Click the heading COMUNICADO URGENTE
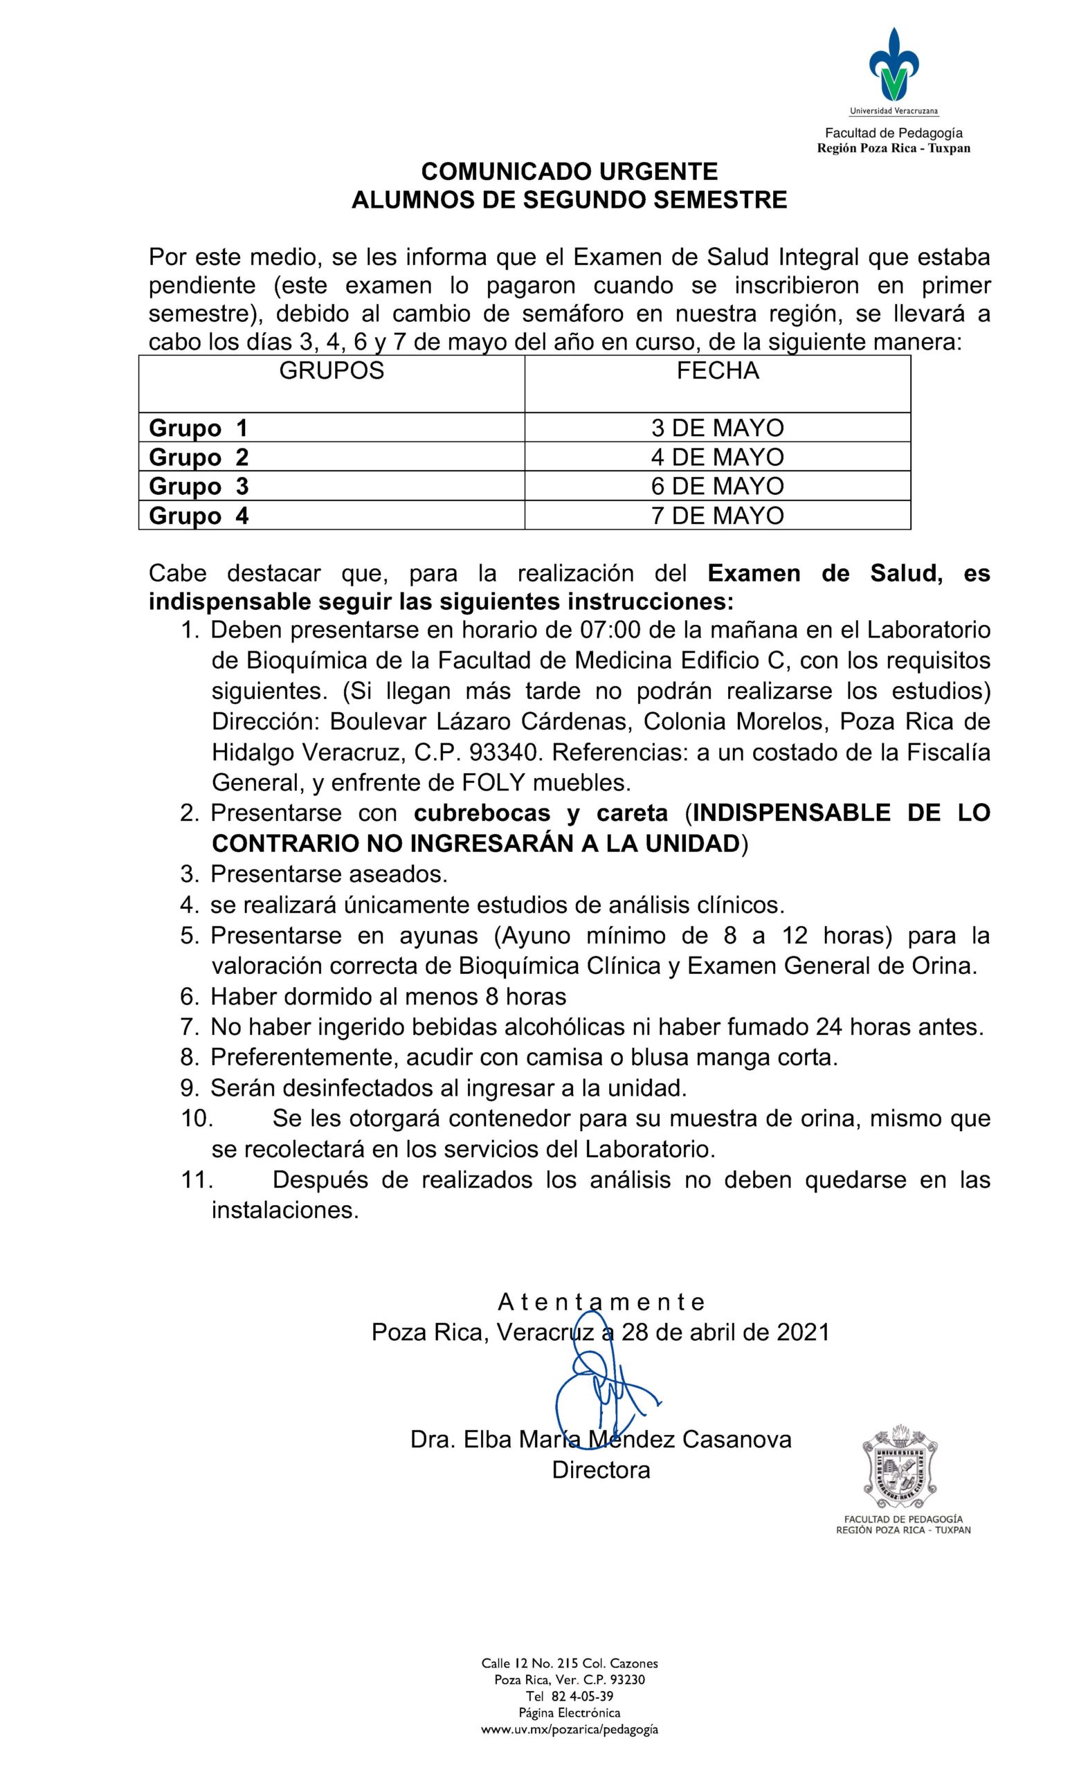click(x=569, y=171)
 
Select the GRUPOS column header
click(x=331, y=371)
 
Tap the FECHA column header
click(x=717, y=371)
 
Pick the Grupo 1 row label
click(x=198, y=428)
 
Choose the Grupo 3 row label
click(x=199, y=487)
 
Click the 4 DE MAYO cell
click(x=717, y=458)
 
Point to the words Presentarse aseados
click(x=329, y=874)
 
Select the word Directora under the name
click(x=601, y=1470)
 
